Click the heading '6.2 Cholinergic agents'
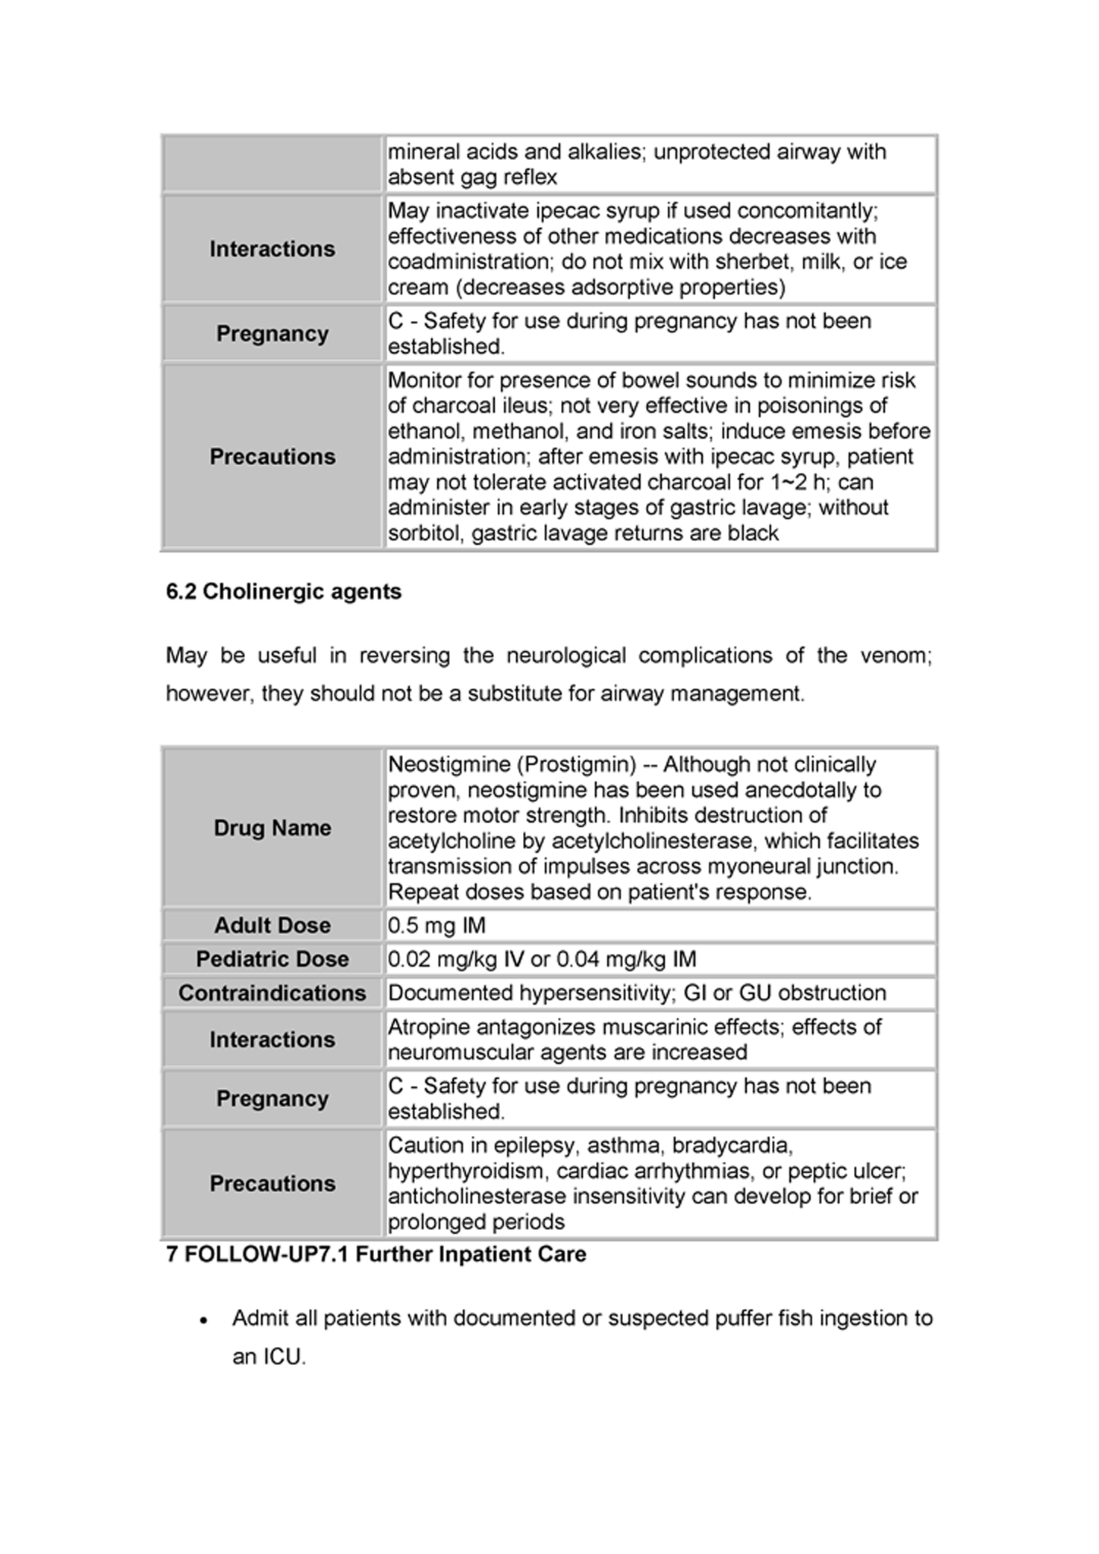[283, 591]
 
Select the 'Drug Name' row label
[272, 827]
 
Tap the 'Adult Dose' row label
[272, 925]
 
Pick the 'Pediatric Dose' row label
[272, 958]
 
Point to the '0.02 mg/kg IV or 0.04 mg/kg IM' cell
[541, 958]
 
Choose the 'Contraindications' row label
[272, 992]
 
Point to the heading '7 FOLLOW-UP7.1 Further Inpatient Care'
[376, 1254]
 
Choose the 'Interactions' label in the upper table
[272, 249]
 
